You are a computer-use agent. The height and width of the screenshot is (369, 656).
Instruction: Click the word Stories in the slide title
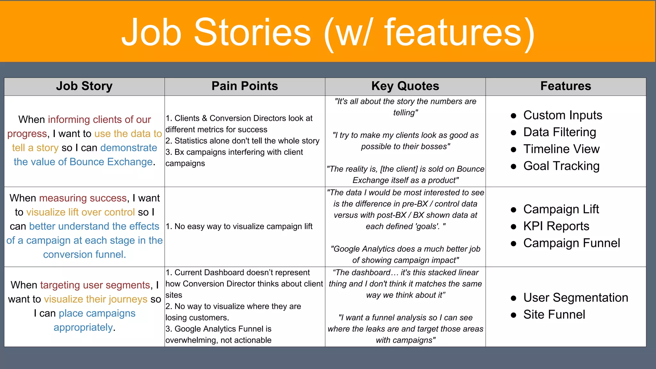pos(252,32)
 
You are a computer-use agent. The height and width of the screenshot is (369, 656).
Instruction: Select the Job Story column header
pos(84,86)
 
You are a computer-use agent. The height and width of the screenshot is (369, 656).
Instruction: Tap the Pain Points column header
pos(245,86)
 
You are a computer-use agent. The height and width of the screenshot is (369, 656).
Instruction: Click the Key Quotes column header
pos(405,86)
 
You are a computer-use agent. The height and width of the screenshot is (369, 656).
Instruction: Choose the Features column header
pos(566,86)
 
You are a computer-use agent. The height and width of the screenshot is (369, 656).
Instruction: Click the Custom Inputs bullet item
pos(562,115)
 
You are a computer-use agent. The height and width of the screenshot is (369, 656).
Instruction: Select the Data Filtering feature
pos(560,132)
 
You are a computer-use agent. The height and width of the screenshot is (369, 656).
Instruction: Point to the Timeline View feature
pos(561,149)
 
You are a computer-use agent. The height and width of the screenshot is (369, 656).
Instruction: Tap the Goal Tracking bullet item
pos(561,166)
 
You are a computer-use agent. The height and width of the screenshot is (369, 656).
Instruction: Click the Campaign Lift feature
pos(561,209)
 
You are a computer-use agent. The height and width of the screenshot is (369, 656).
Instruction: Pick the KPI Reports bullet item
pos(556,226)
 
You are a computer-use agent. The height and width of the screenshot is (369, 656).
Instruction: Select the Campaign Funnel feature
pos(571,243)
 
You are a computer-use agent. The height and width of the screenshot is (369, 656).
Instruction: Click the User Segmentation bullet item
pos(576,298)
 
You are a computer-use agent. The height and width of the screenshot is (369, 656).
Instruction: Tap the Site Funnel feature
pos(554,315)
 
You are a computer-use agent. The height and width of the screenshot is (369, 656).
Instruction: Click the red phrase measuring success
pos(83,198)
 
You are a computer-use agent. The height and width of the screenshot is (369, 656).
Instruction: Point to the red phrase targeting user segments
pos(95,285)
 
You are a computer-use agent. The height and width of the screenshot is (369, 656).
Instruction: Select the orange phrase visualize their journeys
pos(96,299)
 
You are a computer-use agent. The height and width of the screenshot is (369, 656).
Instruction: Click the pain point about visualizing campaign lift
pos(239,226)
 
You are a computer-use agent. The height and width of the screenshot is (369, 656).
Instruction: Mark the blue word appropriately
pos(83,327)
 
